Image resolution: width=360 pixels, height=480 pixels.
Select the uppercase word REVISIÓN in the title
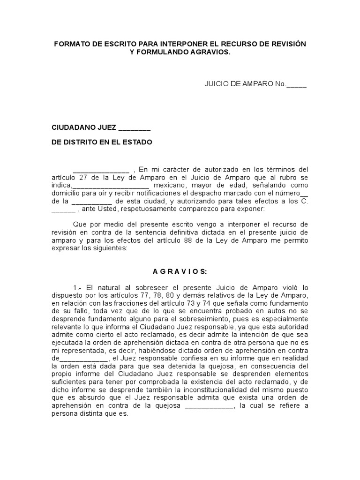[x=286, y=44]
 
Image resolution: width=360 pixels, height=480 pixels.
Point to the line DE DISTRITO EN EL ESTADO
[x=102, y=142]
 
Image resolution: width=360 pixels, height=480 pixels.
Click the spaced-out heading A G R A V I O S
[x=180, y=271]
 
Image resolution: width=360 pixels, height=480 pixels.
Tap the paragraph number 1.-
[x=78, y=287]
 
